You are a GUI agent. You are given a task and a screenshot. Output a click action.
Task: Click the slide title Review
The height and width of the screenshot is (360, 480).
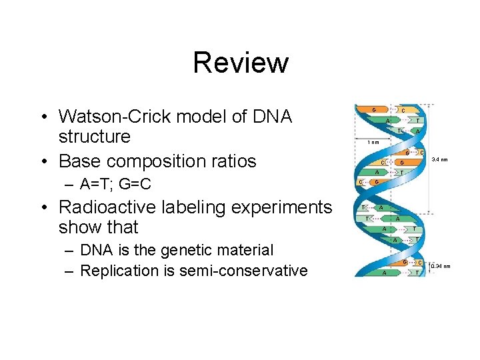click(x=240, y=63)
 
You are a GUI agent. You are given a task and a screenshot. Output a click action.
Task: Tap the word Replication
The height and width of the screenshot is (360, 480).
click(x=119, y=271)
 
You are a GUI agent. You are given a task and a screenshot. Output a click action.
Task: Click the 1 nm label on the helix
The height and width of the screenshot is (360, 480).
click(x=373, y=142)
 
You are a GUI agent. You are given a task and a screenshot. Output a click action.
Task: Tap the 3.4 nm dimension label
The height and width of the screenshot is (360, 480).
click(x=439, y=159)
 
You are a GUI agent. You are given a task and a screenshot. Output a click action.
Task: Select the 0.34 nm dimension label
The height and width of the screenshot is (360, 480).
click(x=441, y=267)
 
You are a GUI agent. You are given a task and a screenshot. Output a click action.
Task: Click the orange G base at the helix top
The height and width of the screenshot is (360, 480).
click(x=374, y=109)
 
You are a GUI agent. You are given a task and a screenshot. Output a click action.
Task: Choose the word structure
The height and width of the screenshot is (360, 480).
click(x=95, y=137)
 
